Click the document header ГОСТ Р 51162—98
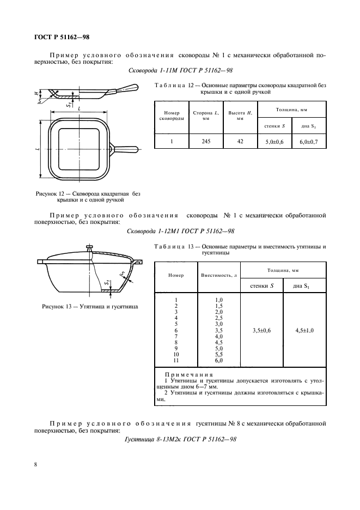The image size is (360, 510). click(x=58, y=37)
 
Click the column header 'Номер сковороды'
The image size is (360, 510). click(x=172, y=116)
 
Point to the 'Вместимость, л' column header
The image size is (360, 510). click(x=219, y=275)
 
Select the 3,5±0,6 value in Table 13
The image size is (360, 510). click(x=261, y=330)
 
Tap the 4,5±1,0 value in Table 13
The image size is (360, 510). click(x=305, y=330)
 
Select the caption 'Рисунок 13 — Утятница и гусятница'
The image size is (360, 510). click(x=90, y=306)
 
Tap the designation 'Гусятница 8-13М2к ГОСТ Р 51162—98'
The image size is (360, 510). click(x=180, y=439)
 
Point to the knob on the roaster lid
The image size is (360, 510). click(x=90, y=248)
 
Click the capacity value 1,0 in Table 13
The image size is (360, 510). click(x=219, y=300)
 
